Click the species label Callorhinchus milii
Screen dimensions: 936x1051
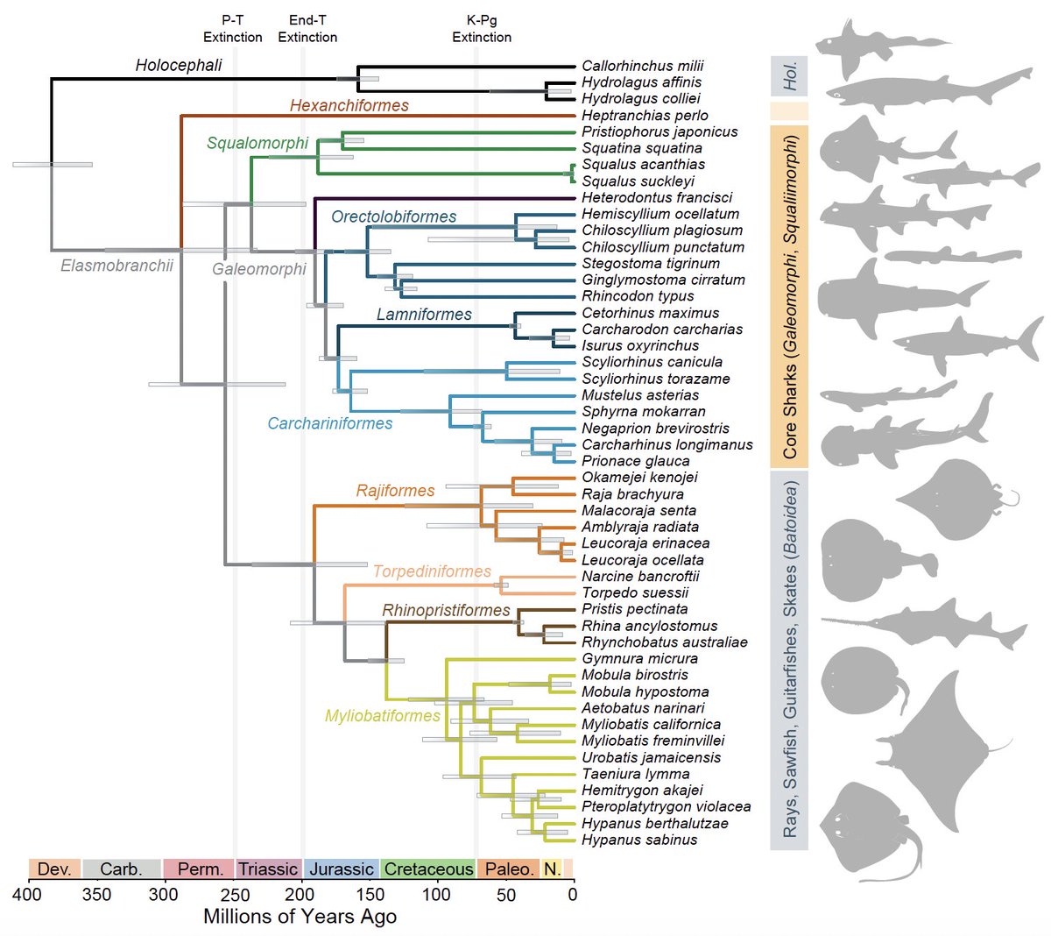642,66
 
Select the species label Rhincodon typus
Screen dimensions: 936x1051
638,296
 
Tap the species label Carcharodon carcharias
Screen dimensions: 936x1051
662,330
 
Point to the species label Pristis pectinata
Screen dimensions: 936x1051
634,609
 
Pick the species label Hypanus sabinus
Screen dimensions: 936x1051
639,840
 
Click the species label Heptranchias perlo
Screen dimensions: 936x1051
645,116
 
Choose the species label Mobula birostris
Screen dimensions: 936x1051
634,675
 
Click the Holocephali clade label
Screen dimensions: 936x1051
179,66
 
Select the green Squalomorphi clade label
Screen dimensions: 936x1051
257,144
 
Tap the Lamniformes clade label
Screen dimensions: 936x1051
424,315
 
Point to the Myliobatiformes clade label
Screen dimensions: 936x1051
383,716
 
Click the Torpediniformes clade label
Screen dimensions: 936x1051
432,571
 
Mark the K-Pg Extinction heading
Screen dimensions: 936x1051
482,29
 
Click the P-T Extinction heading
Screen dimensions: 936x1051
232,29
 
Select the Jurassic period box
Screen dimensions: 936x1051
341,869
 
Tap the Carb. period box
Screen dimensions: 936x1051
121,869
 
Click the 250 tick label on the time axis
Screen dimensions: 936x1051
232,895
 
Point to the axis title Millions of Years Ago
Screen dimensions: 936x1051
300,917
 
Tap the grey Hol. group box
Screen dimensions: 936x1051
788,77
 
